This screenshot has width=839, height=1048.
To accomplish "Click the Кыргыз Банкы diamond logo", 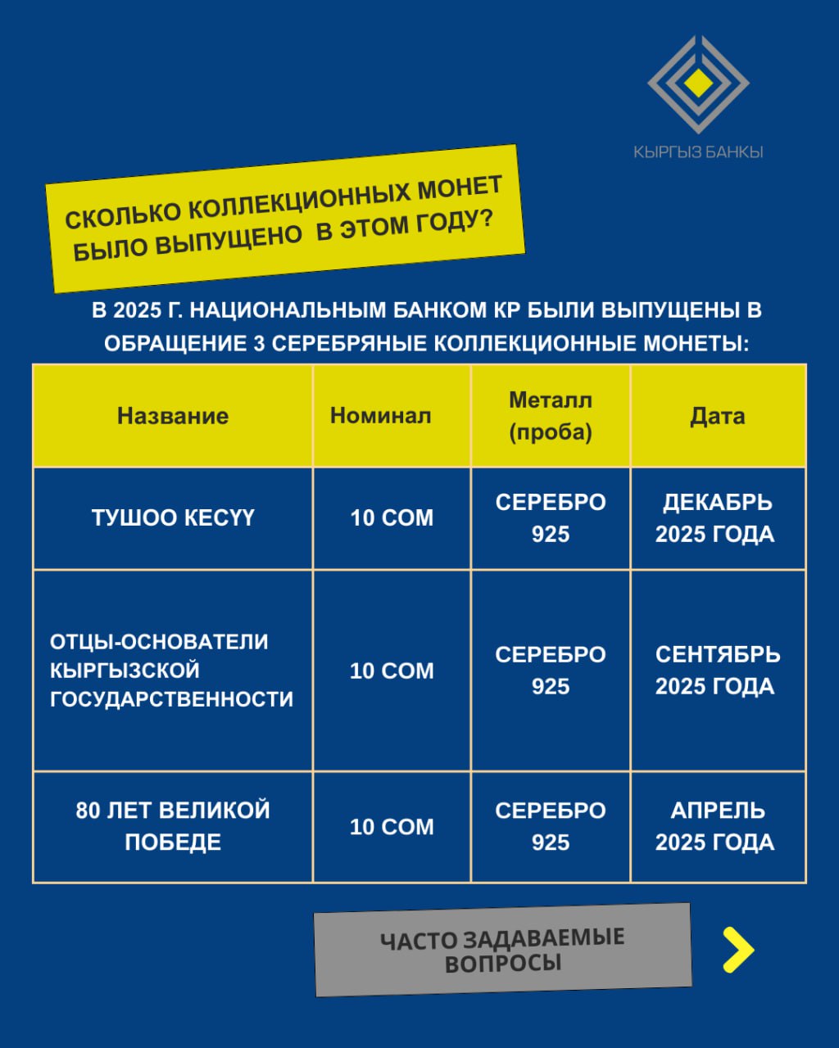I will pyautogui.click(x=698, y=84).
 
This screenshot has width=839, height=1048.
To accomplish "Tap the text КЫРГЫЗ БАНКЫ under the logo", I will pyautogui.click(x=698, y=151).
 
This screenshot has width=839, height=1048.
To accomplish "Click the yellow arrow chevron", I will pyautogui.click(x=737, y=950).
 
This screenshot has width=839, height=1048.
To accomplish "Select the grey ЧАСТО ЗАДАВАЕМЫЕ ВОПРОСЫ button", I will pyautogui.click(x=502, y=950).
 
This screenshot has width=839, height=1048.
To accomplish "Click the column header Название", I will pyautogui.click(x=173, y=416).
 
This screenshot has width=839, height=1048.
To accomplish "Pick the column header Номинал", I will pyautogui.click(x=380, y=416).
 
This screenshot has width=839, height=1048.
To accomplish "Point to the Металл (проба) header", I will pyautogui.click(x=551, y=416).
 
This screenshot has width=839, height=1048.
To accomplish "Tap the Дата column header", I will pyautogui.click(x=718, y=416).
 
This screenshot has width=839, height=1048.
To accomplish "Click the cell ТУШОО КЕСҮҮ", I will pyautogui.click(x=173, y=518).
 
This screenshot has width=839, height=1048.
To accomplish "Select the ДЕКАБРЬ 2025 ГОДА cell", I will pyautogui.click(x=715, y=518).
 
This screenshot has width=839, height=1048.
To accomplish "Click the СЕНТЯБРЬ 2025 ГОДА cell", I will pyautogui.click(x=717, y=671).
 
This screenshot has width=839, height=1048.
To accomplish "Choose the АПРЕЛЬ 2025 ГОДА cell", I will pyautogui.click(x=715, y=826).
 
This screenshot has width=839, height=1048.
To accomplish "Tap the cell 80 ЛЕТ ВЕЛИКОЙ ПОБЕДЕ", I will pyautogui.click(x=173, y=826).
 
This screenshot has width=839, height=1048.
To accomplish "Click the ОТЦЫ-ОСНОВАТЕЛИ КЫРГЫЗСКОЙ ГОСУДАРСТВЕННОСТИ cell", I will pyautogui.click(x=171, y=671).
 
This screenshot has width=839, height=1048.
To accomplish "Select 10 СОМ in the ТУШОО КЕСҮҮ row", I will pyautogui.click(x=392, y=518).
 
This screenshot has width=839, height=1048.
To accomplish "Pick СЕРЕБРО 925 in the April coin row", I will pyautogui.click(x=551, y=826).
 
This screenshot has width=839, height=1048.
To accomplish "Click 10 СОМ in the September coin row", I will pyautogui.click(x=392, y=671).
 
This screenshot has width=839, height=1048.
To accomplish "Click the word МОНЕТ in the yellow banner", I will pyautogui.click(x=460, y=189).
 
